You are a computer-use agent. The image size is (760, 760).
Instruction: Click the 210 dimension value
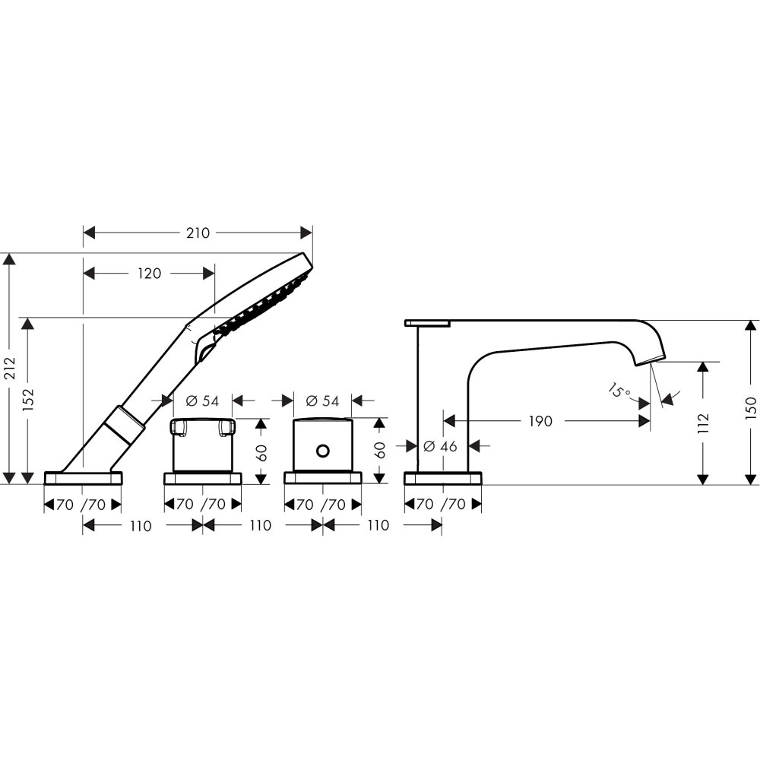coord(198,233)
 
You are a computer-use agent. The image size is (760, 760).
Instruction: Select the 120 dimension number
coord(149,274)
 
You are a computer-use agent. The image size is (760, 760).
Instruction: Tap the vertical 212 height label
coord(11,369)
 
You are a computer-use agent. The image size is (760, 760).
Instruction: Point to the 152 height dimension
coord(29,400)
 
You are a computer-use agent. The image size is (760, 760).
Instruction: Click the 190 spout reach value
coord(540,421)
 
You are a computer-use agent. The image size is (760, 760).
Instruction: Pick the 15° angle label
coord(619,390)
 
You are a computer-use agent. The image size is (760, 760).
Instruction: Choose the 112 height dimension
coord(703,423)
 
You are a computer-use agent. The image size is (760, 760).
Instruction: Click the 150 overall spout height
coord(751,408)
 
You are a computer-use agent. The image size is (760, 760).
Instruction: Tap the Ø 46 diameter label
coord(440,446)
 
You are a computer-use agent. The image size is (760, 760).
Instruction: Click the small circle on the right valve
coord(323,451)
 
